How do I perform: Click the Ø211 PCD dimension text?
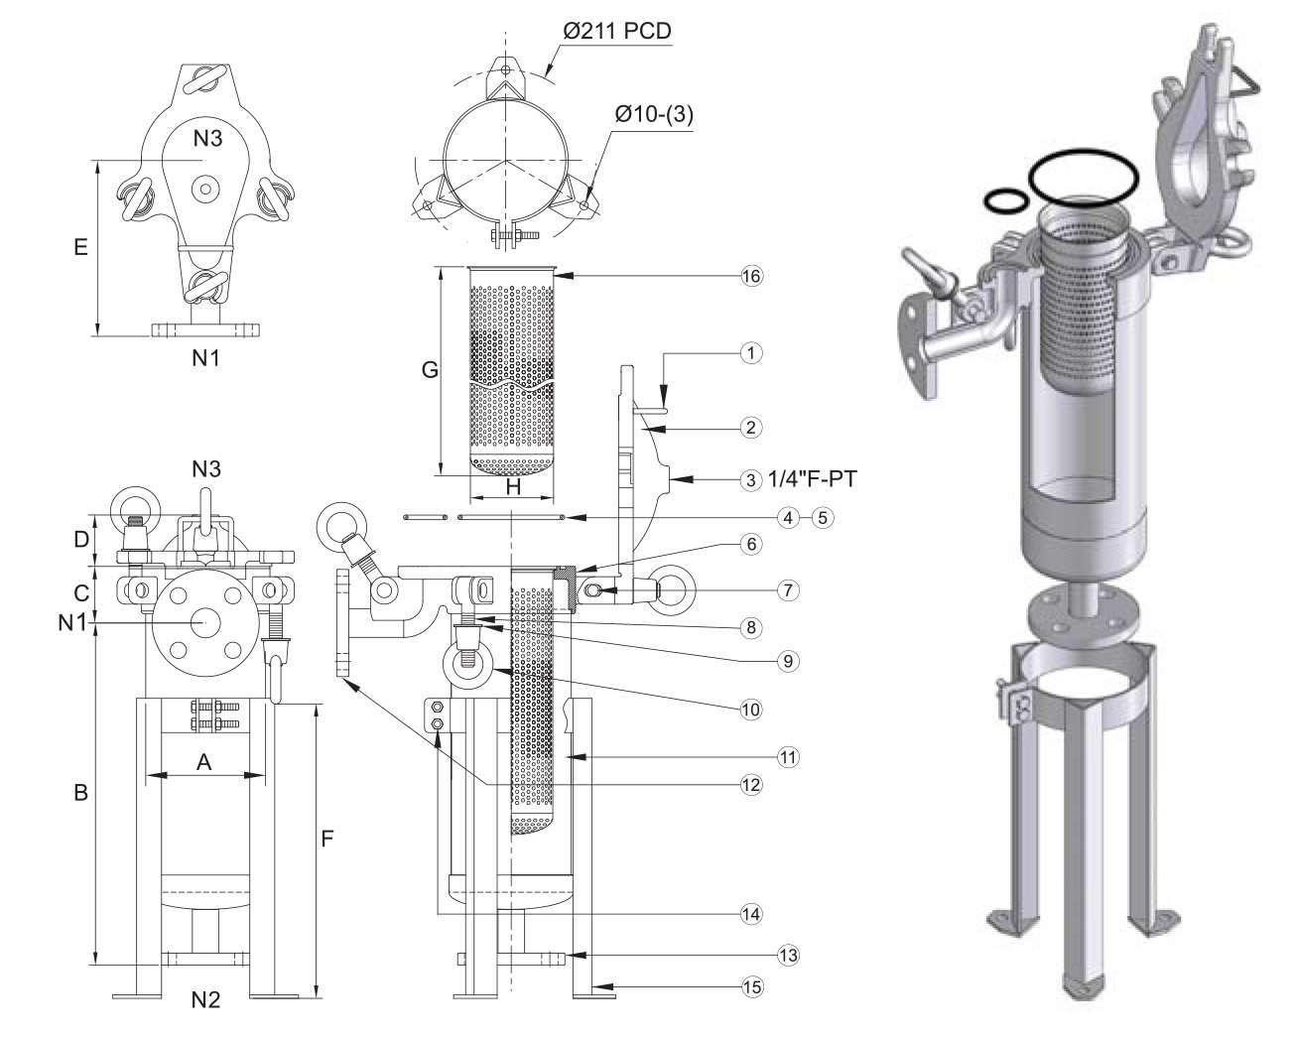tap(616, 32)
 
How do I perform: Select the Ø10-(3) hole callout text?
tap(654, 114)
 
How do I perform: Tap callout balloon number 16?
tap(751, 277)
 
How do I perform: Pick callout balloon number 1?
tap(751, 351)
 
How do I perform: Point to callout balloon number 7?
tap(785, 589)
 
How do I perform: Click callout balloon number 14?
tap(751, 913)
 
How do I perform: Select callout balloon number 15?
tap(751, 986)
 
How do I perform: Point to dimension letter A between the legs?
tap(203, 761)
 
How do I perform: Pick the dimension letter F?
tap(326, 840)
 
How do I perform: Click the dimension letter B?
tap(82, 793)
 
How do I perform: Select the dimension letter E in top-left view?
tap(82, 246)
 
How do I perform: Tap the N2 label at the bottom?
tap(204, 999)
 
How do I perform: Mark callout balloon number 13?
tap(786, 956)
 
